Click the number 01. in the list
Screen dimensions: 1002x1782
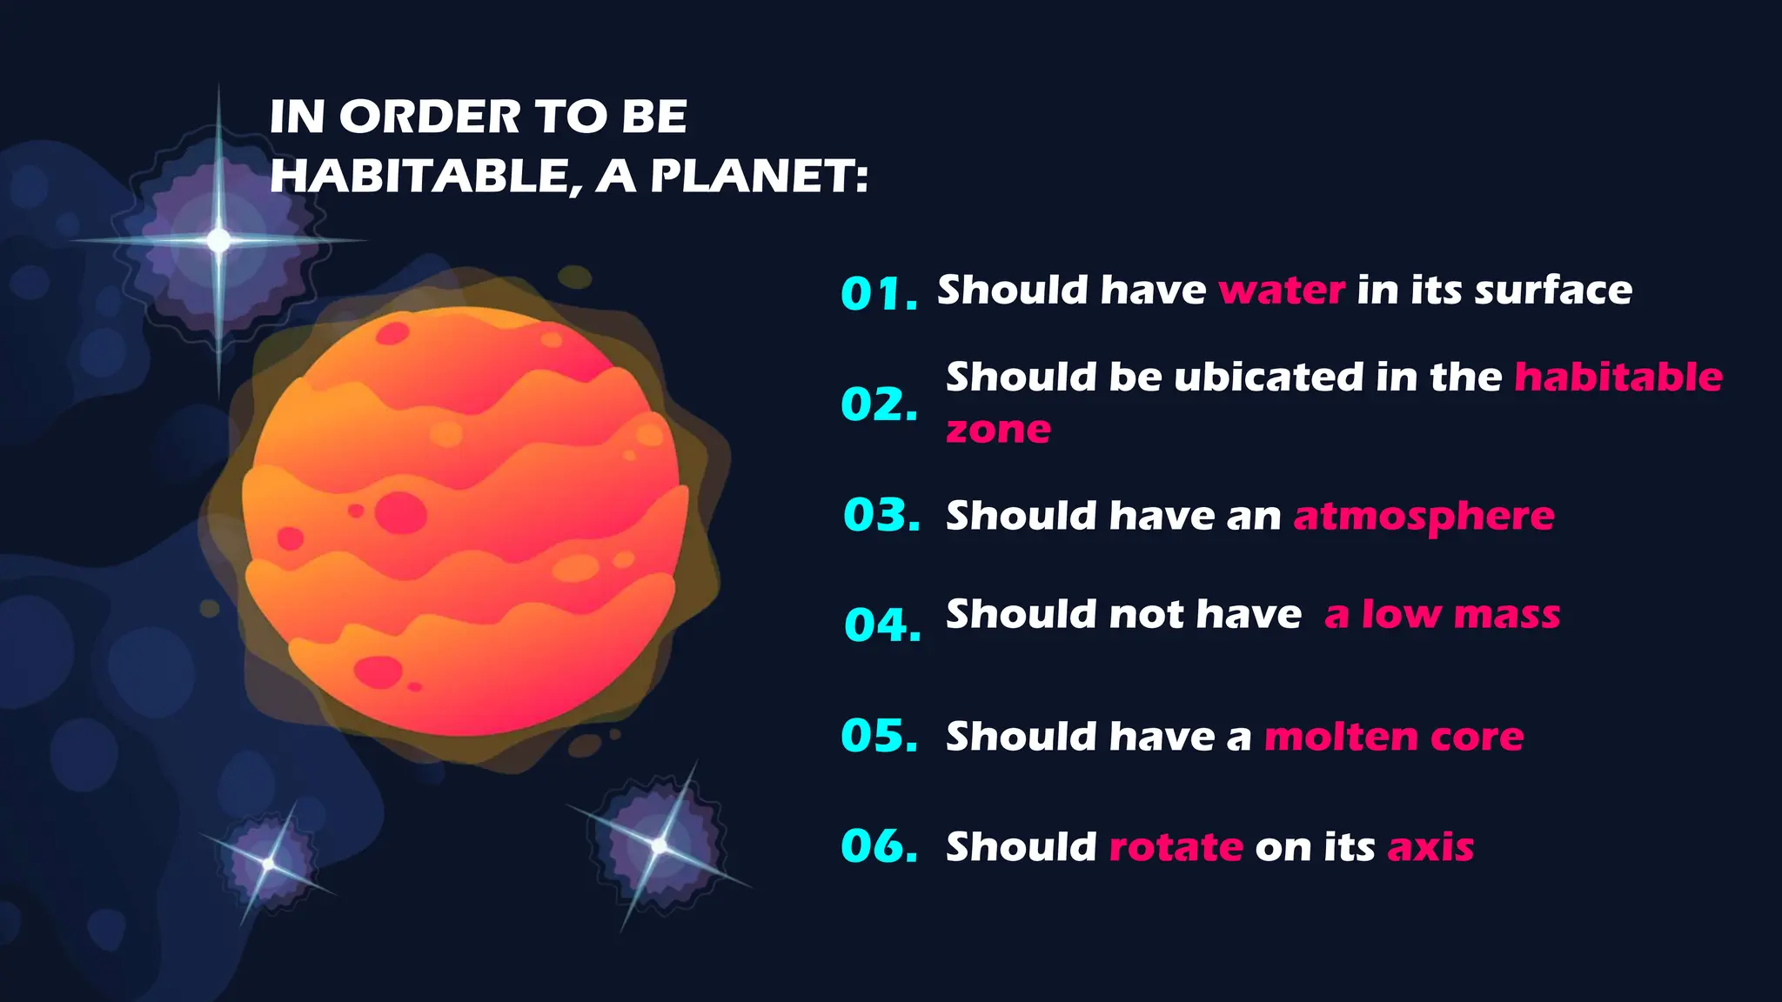click(x=879, y=294)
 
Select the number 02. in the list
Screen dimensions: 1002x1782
click(x=879, y=404)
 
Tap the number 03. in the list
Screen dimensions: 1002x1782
click(x=881, y=515)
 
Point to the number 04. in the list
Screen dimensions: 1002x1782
click(x=882, y=625)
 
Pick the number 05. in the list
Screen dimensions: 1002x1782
click(x=879, y=736)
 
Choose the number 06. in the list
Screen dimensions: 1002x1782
click(x=879, y=846)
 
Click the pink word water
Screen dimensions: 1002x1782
click(x=1282, y=291)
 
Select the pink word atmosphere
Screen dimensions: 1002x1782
click(x=1424, y=517)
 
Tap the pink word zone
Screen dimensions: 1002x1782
click(x=998, y=430)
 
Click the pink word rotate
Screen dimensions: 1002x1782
click(x=1176, y=847)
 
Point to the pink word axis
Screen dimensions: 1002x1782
click(x=1430, y=847)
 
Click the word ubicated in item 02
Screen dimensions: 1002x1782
click(x=1268, y=377)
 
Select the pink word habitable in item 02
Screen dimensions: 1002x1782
click(x=1618, y=377)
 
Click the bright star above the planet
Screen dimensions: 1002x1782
click(x=218, y=240)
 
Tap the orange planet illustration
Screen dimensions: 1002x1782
click(x=461, y=522)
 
